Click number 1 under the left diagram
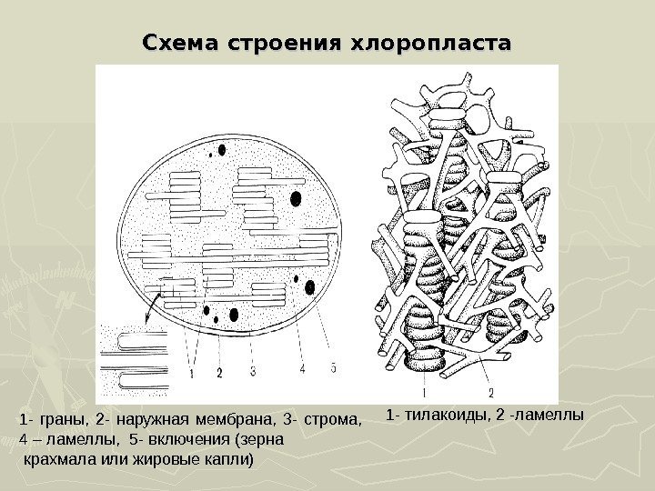[x=193, y=372]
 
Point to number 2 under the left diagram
[x=219, y=372]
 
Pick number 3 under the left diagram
[x=252, y=371]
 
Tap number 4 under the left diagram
[x=302, y=369]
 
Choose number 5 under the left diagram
[x=333, y=368]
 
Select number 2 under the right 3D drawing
[x=490, y=393]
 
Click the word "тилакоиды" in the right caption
[x=437, y=416]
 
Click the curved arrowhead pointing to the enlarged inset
[x=146, y=319]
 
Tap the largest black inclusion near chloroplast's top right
[x=296, y=199]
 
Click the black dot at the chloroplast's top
[x=221, y=146]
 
